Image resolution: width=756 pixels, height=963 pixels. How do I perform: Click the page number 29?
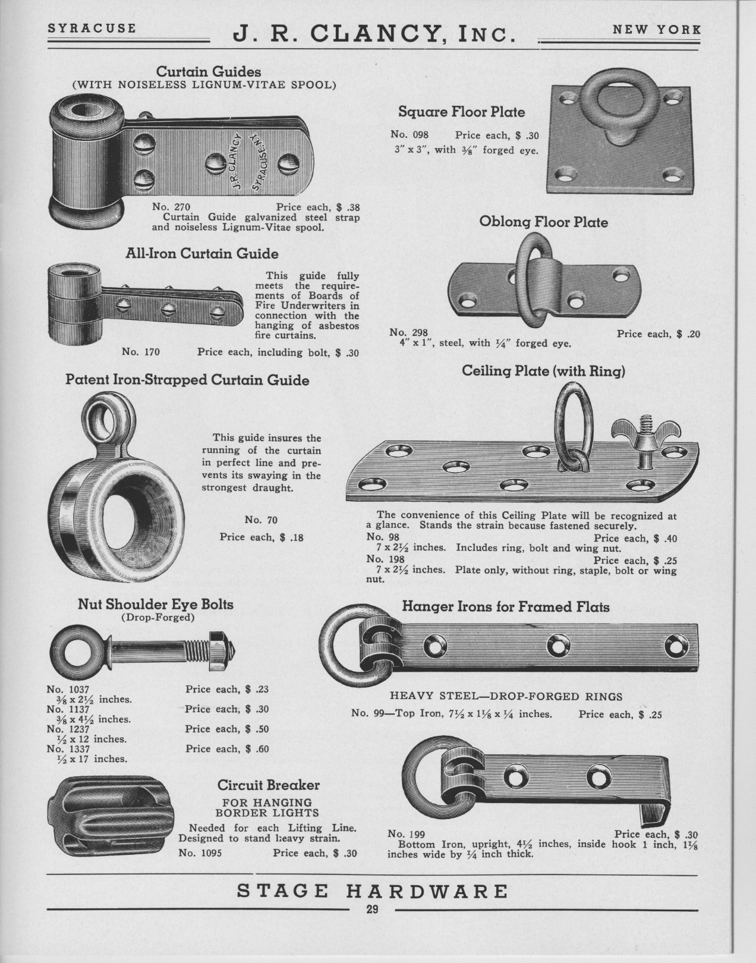372,909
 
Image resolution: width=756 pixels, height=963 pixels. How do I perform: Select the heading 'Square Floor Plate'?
462,112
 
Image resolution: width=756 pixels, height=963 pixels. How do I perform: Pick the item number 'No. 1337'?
68,749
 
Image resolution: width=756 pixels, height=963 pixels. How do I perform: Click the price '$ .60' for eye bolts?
257,749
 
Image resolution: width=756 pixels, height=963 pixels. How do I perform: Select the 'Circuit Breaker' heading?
269,785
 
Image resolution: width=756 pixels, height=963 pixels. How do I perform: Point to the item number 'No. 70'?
261,520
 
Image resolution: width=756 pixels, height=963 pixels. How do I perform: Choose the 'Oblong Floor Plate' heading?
544,222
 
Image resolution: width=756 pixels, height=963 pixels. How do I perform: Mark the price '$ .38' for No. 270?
347,207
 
